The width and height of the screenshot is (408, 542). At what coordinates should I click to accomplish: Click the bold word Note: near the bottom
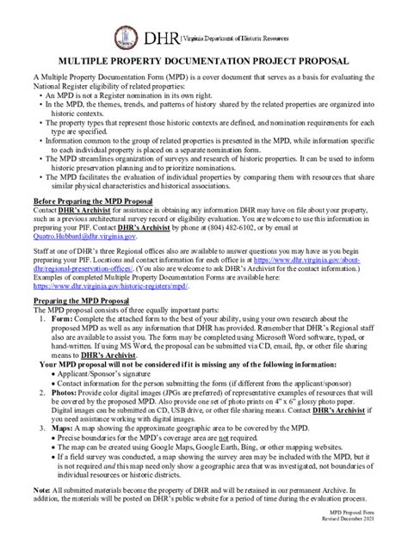click(x=42, y=490)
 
